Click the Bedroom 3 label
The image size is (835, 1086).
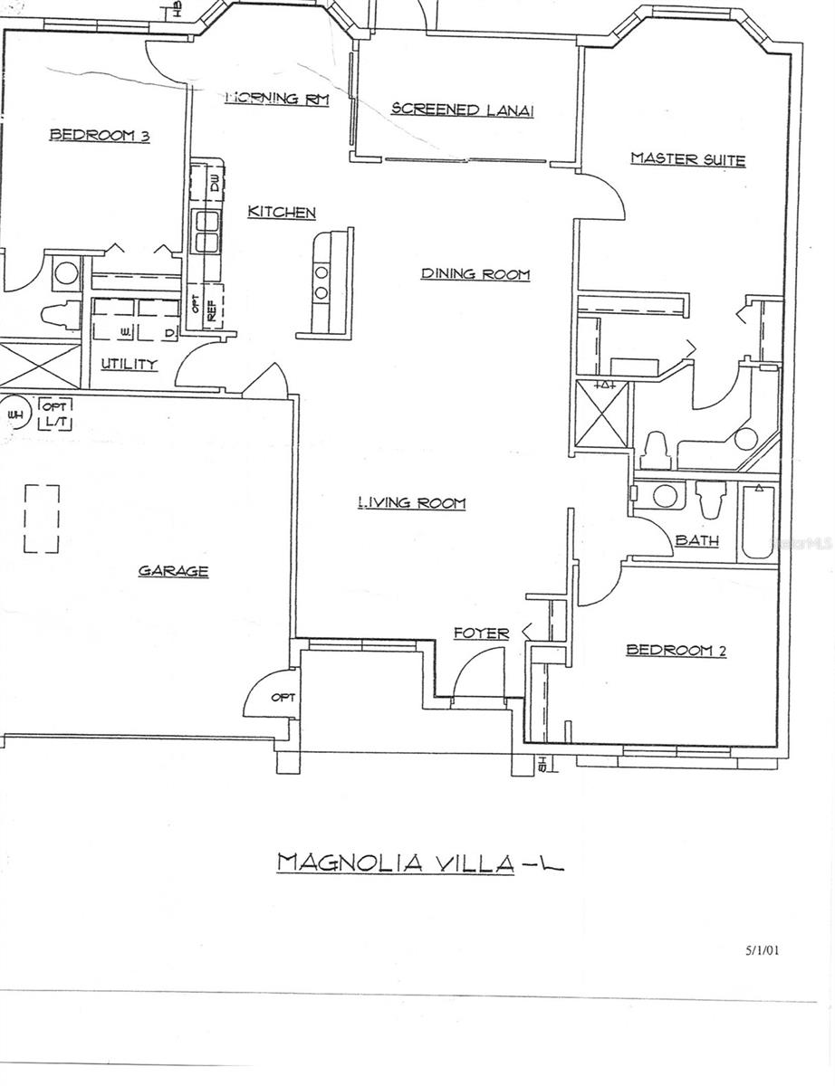(x=99, y=136)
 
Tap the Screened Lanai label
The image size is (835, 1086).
(x=462, y=110)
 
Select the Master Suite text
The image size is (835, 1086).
(x=687, y=160)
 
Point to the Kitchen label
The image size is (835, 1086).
(x=282, y=213)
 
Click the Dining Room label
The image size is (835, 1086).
(x=475, y=273)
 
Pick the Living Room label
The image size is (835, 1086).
(x=411, y=503)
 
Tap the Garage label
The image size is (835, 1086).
(x=173, y=571)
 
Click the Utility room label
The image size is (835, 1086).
(x=129, y=365)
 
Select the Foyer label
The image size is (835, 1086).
(x=481, y=633)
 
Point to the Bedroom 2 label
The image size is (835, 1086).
(x=676, y=650)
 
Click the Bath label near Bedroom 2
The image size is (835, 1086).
(x=697, y=541)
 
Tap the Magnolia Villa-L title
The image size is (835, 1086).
(x=419, y=862)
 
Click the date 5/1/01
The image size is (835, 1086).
(x=762, y=950)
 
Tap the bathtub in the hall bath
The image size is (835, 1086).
(x=756, y=522)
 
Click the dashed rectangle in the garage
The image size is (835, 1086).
(x=42, y=519)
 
